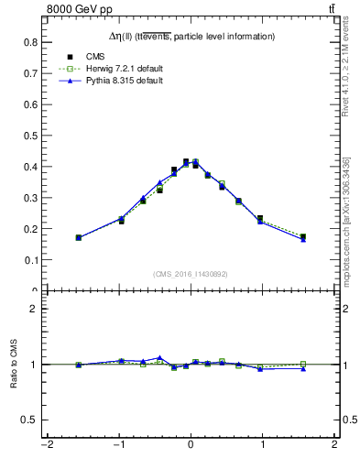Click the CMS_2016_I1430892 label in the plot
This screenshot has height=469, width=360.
(x=190, y=274)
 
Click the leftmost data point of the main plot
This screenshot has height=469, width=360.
(x=79, y=237)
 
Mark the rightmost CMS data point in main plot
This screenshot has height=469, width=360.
(x=302, y=236)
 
